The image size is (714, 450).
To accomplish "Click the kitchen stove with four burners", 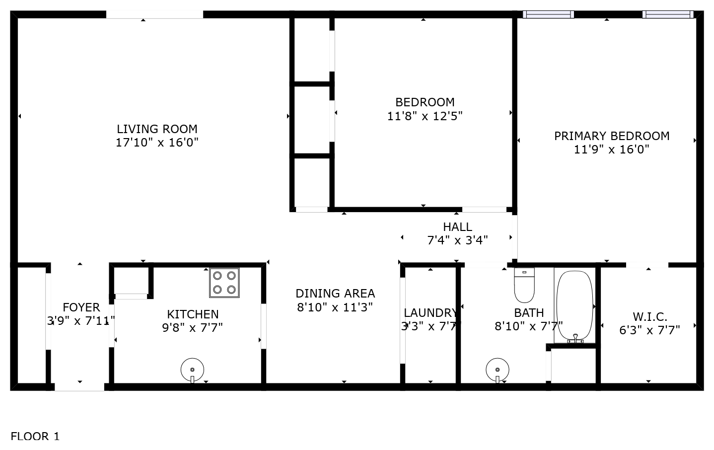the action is (224, 283).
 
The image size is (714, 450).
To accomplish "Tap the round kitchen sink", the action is (192, 370).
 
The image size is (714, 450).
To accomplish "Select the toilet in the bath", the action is (524, 285).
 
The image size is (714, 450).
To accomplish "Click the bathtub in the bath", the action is (574, 305).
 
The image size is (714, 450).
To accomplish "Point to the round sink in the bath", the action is (498, 370).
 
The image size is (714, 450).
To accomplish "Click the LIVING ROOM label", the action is (157, 129).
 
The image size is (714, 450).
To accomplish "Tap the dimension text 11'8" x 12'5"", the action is (425, 116).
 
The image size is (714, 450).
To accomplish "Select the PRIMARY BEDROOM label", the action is (612, 136).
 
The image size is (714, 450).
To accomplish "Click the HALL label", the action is (457, 227).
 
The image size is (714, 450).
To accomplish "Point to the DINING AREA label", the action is (335, 294).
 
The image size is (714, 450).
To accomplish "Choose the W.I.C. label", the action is (650, 317).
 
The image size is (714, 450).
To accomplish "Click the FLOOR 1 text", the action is (35, 436).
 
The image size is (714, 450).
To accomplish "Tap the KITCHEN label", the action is (193, 314).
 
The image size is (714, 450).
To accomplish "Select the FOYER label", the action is (81, 307).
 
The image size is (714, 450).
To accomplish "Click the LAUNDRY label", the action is (430, 313).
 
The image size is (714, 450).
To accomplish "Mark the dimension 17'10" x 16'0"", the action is (157, 143).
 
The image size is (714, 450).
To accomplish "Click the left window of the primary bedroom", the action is (548, 14).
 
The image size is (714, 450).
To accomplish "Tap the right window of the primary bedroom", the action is (668, 14).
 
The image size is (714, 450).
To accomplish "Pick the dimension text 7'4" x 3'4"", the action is (457, 240).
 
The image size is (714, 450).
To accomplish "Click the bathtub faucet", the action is (575, 339).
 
